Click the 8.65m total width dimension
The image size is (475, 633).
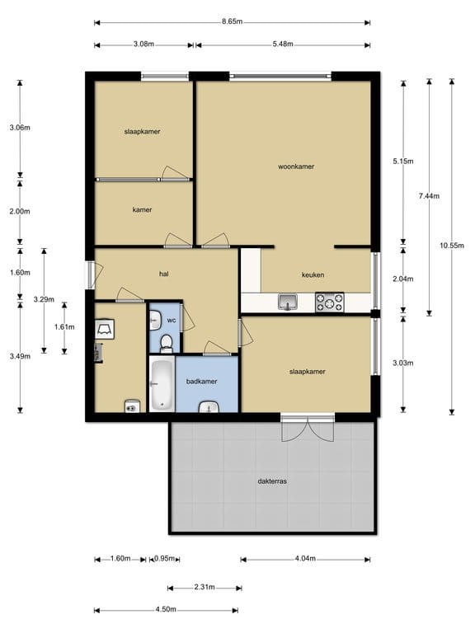pos(232,21)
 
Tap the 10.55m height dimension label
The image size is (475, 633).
pos(452,245)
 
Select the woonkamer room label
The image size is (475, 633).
pos(296,166)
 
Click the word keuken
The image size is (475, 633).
pos(313,274)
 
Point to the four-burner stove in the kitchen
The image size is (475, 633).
pos(330,302)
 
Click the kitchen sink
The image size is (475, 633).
pos(288,302)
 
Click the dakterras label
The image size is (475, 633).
pos(272,481)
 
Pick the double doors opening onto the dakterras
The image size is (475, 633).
pos(308,428)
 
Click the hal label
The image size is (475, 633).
pos(163,274)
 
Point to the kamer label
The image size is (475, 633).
pos(142,209)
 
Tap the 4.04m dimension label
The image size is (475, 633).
pos(305,559)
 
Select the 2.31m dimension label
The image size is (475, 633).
pos(205,587)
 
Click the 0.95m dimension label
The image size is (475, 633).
pos(164,559)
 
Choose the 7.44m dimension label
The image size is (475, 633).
pos(429,196)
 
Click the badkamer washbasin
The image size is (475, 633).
pos(209,407)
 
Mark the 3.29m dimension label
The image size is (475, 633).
pos(44,299)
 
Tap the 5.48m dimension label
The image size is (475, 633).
pos(283,44)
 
